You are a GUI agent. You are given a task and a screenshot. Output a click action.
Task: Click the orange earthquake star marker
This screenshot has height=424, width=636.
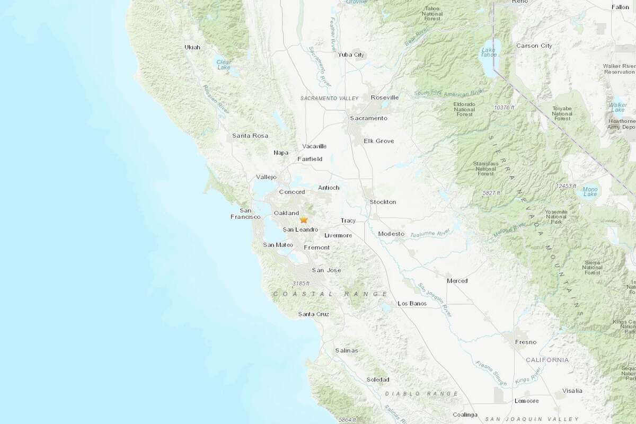tap(304, 219)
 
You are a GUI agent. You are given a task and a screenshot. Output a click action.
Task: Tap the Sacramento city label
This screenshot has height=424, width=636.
tap(368, 118)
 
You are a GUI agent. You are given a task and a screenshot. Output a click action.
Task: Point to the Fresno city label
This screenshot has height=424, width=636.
tap(526, 342)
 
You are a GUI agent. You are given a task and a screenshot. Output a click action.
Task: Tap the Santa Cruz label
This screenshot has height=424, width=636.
tap(314, 314)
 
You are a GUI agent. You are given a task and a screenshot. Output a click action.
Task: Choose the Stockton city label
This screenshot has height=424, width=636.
tap(383, 202)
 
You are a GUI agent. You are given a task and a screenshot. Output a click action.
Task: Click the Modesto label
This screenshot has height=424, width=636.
tap(392, 234)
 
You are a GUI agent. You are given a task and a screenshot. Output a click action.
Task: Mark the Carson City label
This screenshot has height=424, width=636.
tap(534, 46)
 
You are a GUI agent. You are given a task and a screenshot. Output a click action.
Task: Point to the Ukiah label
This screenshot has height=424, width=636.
tap(192, 47)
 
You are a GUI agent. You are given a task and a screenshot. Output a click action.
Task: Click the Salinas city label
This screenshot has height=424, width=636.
tap(347, 351)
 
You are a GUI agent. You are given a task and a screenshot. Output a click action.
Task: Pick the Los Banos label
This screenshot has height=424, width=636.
tap(412, 304)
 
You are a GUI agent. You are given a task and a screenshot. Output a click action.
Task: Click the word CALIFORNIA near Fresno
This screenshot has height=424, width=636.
tap(547, 360)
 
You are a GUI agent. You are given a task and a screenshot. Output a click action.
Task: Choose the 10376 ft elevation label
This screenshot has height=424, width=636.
tap(506, 108)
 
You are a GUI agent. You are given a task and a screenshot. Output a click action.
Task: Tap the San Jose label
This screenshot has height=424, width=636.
tap(326, 270)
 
